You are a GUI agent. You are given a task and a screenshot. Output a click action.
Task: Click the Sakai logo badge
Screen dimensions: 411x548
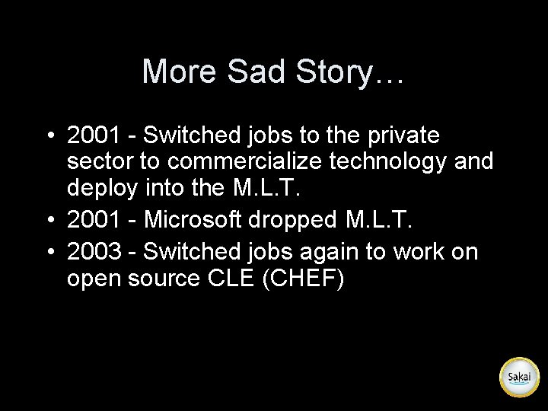point(519,377)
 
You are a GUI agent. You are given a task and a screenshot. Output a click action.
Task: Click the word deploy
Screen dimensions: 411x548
point(101,187)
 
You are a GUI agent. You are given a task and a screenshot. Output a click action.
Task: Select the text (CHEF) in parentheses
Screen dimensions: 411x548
point(303,279)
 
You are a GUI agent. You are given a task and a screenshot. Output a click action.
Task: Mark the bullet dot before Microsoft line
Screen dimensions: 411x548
point(50,219)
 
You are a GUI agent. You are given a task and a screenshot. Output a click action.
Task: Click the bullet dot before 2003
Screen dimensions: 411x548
point(50,251)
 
